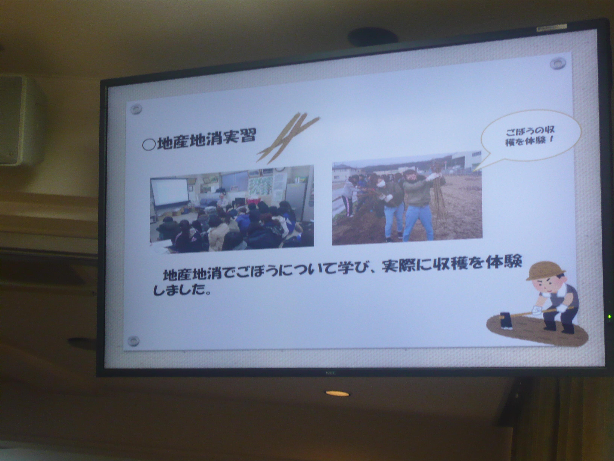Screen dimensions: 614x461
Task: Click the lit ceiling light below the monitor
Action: tap(337, 393)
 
